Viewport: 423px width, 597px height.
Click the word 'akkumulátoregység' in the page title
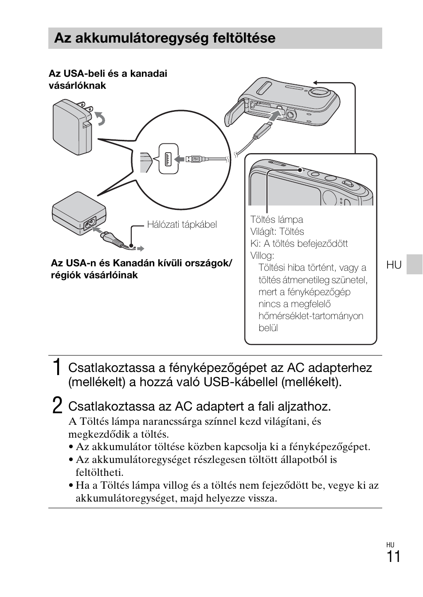tap(147, 38)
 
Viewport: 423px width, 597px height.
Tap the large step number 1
tap(56, 368)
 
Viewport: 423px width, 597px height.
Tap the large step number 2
tap(57, 406)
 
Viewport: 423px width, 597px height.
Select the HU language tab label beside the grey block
tap(394, 265)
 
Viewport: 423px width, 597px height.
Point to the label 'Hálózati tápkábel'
tap(182, 225)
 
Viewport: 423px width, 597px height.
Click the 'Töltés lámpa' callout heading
tap(277, 220)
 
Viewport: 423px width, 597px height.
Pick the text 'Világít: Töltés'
tap(277, 232)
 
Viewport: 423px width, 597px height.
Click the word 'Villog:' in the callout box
tap(262, 256)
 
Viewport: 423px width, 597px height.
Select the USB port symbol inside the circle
tap(168, 158)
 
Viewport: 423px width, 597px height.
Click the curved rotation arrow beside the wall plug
tap(101, 119)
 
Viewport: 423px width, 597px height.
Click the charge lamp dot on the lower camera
tap(300, 170)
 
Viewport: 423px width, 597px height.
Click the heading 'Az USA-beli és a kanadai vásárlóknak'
tap(108, 79)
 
